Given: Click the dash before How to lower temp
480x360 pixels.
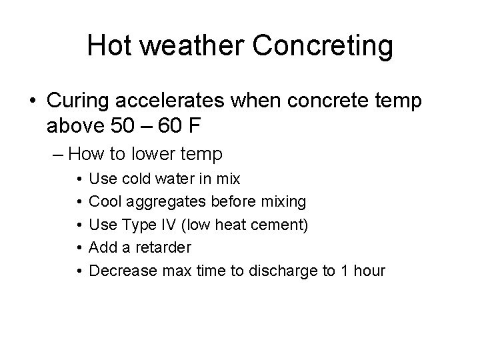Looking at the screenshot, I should (58, 155).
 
